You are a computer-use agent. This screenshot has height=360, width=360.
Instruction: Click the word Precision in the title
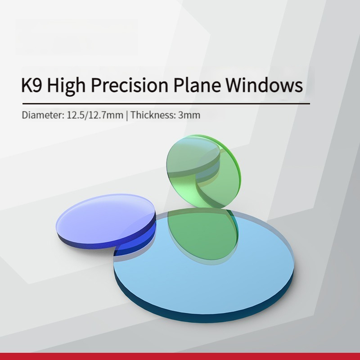pos(130,85)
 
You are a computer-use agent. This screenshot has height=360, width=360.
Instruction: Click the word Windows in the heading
pos(264,85)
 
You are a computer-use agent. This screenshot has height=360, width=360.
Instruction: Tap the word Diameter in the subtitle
pos(43,115)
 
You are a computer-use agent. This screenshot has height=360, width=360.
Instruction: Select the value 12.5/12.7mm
pos(95,115)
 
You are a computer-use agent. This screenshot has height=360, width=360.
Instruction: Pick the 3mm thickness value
pos(189,115)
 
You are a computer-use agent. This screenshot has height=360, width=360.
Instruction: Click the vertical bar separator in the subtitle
pos(127,115)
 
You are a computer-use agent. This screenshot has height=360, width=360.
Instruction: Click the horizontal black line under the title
pos(166,104)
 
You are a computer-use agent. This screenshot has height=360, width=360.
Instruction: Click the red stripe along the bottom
pos(180,356)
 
